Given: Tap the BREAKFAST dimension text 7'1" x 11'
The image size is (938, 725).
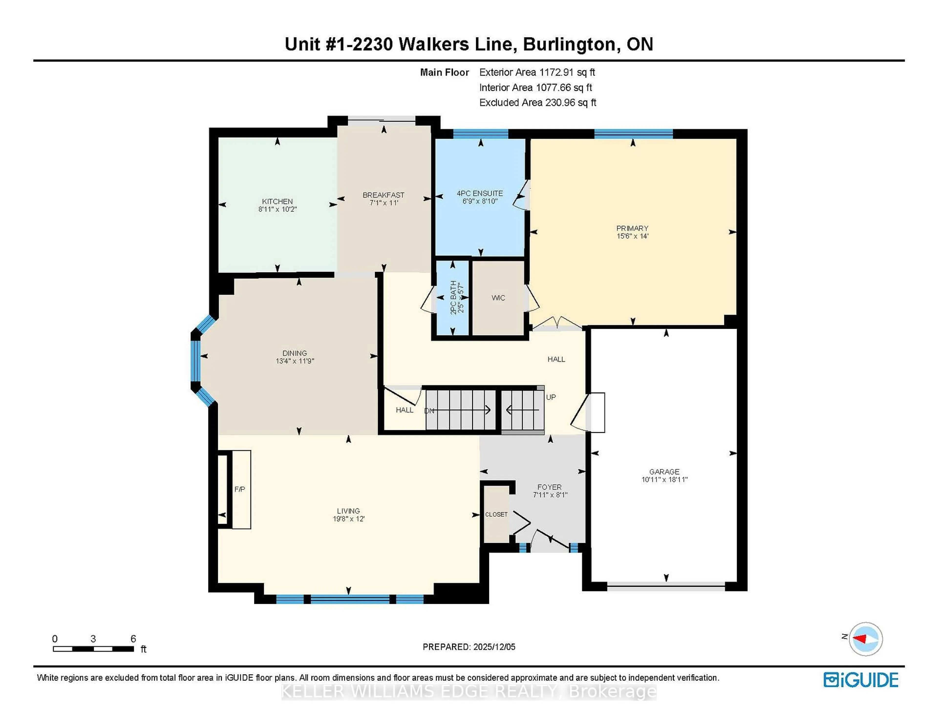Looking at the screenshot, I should pos(384,203).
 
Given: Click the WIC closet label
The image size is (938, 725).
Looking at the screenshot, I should pos(498,298).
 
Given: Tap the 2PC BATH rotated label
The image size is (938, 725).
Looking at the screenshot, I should pos(454,297).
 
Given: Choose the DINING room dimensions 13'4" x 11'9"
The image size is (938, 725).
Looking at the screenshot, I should pos(295,361).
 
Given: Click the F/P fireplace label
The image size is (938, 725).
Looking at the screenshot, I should pos(240,489).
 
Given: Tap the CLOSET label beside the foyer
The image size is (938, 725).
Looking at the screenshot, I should pos(496,514).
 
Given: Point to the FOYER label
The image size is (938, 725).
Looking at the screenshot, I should pos(549,487).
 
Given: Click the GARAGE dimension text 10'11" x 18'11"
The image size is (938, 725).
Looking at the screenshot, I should pos(664,479).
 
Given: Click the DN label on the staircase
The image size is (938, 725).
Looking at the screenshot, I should pos(429,411).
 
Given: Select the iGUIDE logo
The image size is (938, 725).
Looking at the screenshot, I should pos(861,680).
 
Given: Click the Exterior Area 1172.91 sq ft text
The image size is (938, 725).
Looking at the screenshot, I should pos(537,72).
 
